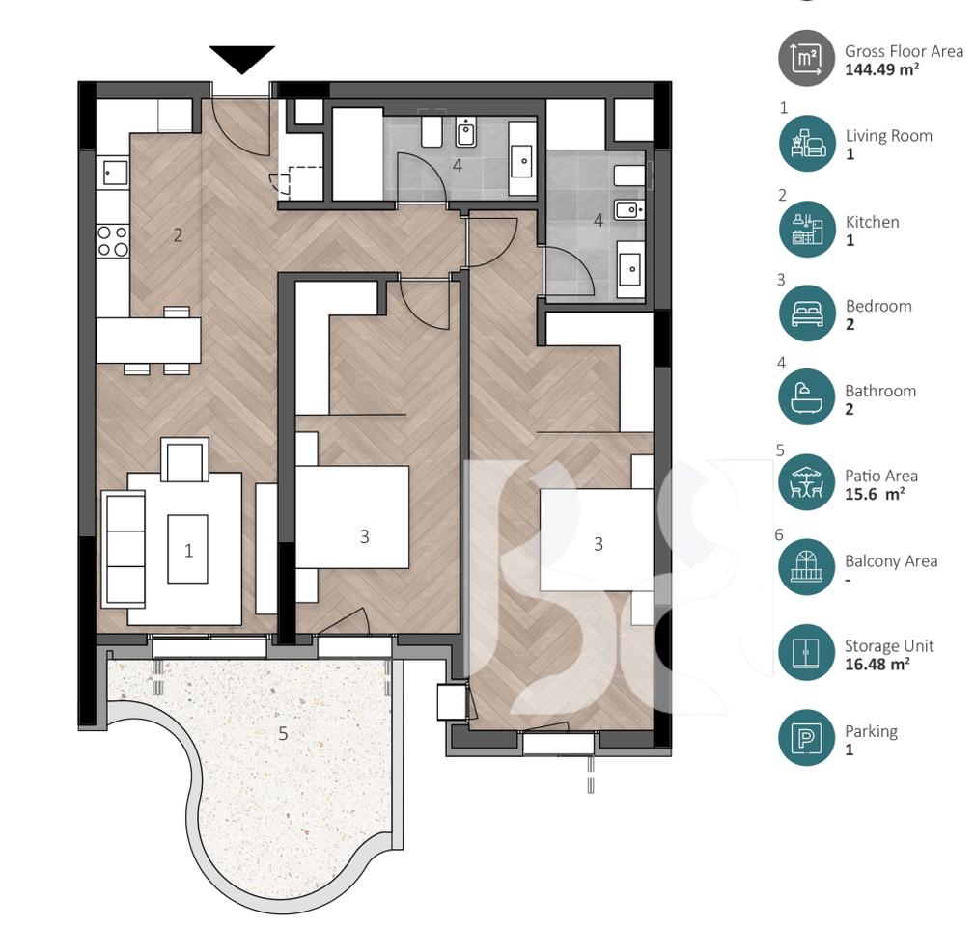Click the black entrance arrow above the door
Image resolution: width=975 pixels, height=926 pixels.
(241, 59)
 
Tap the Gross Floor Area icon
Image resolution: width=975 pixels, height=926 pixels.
(806, 59)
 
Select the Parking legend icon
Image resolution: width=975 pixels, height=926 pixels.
(806, 739)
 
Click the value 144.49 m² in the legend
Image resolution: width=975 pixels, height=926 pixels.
(881, 69)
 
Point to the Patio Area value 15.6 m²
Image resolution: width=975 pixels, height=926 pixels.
(875, 494)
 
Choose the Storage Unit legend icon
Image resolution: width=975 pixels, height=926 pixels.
(806, 653)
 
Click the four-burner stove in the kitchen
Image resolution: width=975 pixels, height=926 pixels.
(114, 240)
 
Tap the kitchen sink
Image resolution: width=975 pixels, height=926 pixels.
(114, 173)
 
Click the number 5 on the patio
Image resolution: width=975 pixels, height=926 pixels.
(283, 733)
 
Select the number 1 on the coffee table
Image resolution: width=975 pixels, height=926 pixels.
(188, 550)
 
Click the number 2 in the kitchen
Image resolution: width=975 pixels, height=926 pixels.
(178, 234)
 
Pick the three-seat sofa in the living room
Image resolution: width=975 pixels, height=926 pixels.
(123, 547)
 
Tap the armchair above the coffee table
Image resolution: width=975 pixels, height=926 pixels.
(184, 460)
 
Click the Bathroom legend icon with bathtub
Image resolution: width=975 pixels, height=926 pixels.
(806, 397)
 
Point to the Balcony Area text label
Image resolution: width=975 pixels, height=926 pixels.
(890, 561)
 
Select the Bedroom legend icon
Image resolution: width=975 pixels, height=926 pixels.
(806, 313)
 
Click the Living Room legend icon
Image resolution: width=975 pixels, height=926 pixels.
(806, 144)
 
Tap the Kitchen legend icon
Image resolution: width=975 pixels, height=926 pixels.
(806, 229)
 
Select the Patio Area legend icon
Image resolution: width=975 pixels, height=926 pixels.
(806, 482)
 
